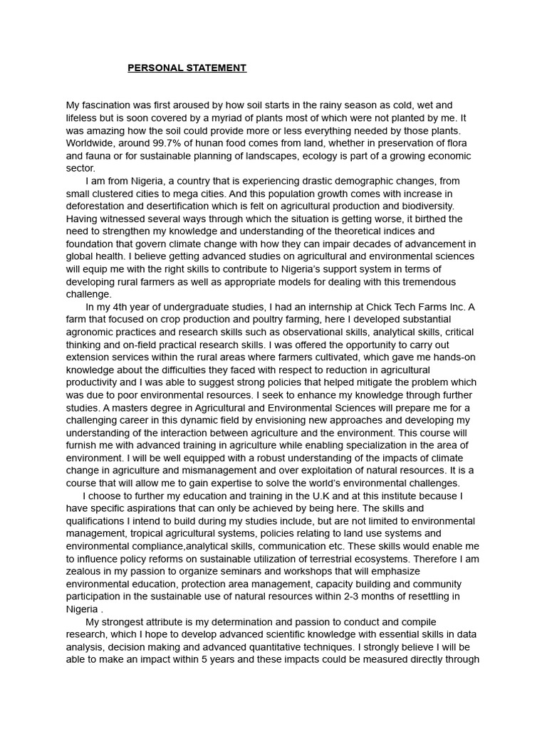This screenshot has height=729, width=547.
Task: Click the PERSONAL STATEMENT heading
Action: point(187,68)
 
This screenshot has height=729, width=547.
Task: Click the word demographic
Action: point(379,182)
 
